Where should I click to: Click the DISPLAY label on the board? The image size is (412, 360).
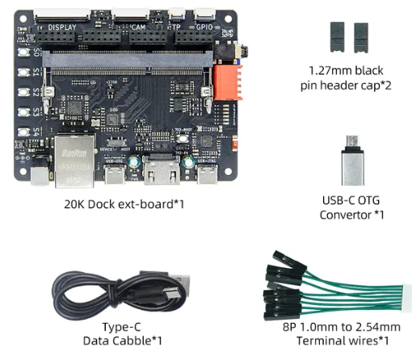(64, 27)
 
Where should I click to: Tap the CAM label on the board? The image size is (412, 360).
(140, 27)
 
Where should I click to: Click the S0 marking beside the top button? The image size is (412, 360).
(36, 52)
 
